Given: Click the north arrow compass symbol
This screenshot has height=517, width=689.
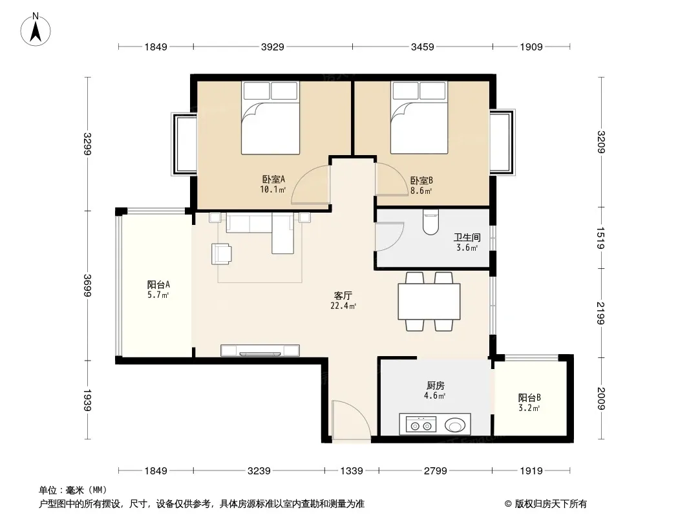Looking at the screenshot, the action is pyautogui.click(x=36, y=30).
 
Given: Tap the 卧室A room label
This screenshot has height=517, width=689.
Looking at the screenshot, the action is pyautogui.click(x=273, y=179).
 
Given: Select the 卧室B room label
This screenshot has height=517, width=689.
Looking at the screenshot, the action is pyautogui.click(x=421, y=180).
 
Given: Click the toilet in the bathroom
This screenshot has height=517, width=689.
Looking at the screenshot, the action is pyautogui.click(x=430, y=222).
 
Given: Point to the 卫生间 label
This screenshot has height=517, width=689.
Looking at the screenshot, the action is pyautogui.click(x=467, y=238).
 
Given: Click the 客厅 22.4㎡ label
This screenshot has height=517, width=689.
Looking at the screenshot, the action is pyautogui.click(x=343, y=301).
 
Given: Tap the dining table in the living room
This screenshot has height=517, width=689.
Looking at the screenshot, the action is pyautogui.click(x=429, y=301).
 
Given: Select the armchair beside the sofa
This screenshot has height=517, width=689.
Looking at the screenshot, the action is pyautogui.click(x=222, y=254).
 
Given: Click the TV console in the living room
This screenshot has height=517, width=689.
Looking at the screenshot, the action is pyautogui.click(x=260, y=350).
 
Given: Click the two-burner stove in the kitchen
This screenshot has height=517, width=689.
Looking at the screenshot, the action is pyautogui.click(x=421, y=425).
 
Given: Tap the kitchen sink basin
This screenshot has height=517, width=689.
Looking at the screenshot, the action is pyautogui.click(x=455, y=425).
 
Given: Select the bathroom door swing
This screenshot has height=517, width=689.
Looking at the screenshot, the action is pyautogui.click(x=389, y=237).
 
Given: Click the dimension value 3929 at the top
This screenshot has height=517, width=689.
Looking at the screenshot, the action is pyautogui.click(x=273, y=47).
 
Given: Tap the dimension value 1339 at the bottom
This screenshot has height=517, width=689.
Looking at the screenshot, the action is pyautogui.click(x=352, y=471).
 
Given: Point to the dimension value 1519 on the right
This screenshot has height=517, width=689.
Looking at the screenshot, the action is pyautogui.click(x=601, y=238).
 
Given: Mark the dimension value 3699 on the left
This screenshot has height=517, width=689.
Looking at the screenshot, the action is pyautogui.click(x=87, y=286).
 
